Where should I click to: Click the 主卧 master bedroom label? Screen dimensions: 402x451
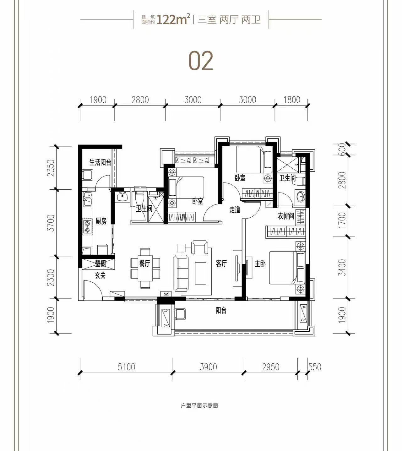[260, 264]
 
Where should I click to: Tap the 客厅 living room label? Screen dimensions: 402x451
[221, 264]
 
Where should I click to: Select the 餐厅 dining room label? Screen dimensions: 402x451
[144, 264]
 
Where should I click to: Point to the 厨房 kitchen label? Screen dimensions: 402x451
[101, 221]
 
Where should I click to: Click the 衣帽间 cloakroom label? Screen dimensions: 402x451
[286, 216]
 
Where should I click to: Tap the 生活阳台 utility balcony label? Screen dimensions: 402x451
[100, 162]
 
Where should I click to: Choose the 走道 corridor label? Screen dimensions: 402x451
[235, 209]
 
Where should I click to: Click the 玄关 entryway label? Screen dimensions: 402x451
[100, 275]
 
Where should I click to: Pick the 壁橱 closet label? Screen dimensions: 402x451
[100, 264]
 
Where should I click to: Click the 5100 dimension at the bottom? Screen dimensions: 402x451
[127, 367]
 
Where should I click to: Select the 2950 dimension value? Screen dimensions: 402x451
[271, 367]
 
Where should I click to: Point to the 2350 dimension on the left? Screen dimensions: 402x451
[51, 168]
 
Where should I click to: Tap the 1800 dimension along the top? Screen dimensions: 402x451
[292, 100]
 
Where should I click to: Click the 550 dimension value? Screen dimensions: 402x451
[315, 367]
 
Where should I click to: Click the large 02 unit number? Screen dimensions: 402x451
[201, 61]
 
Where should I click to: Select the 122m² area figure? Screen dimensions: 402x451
[174, 20]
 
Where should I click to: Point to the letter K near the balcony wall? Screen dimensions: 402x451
[166, 294]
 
